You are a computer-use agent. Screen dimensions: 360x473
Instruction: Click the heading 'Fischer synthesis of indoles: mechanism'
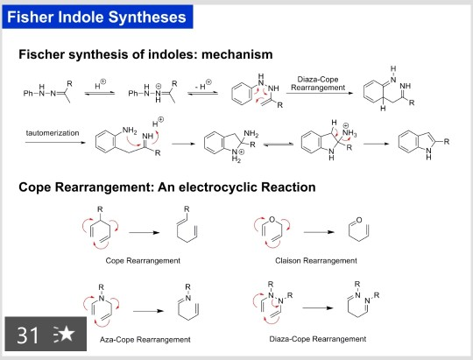point(145,54)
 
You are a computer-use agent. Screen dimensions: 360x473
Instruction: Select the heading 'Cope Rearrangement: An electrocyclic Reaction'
point(167,187)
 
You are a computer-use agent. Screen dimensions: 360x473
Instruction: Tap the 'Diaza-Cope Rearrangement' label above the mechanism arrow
point(321,83)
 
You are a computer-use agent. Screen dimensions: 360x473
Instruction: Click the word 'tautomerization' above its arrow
point(54,132)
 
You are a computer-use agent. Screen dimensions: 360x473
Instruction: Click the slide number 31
point(27,334)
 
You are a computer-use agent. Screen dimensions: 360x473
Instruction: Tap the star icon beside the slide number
point(63,335)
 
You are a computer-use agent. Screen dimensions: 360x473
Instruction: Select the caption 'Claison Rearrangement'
point(315,260)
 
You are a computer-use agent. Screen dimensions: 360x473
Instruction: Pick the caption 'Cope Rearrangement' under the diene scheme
point(142,260)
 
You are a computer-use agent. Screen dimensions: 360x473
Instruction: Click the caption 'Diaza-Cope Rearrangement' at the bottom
point(315,337)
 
